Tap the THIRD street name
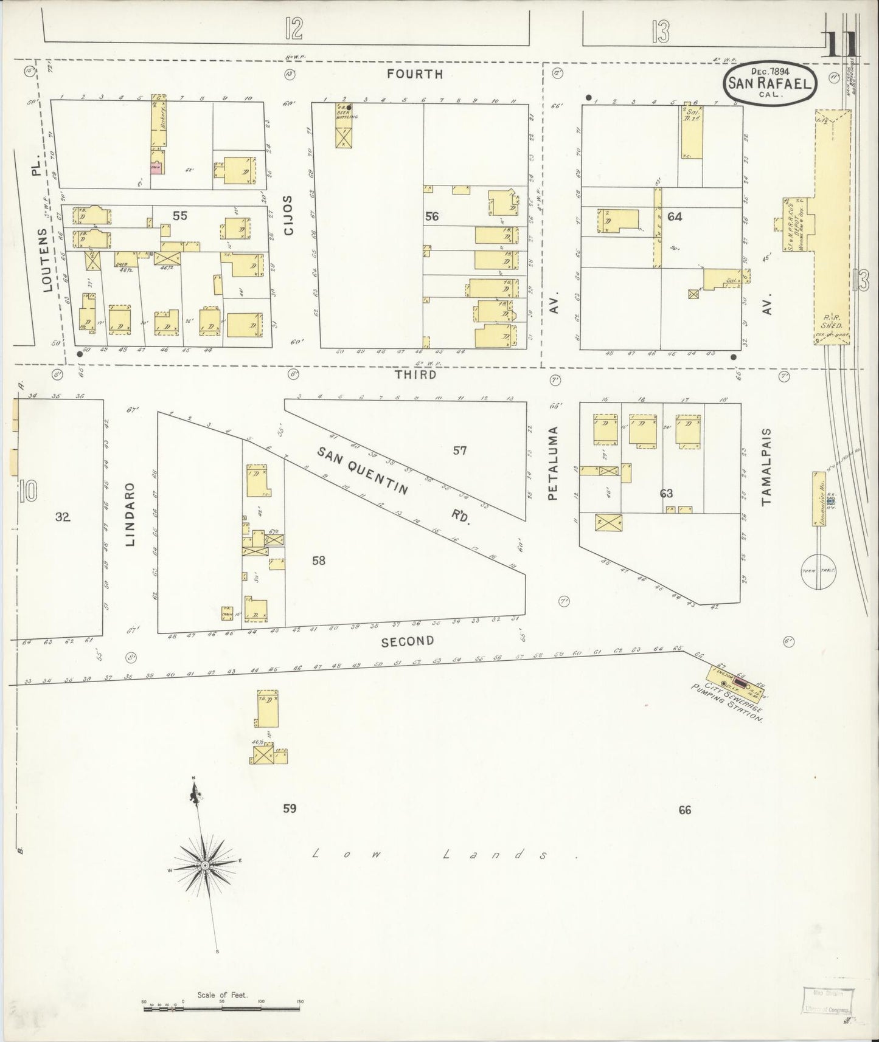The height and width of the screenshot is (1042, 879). point(415,374)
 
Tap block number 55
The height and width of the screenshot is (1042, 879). point(179,215)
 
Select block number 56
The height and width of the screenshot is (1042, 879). point(433,216)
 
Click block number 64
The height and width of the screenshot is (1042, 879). point(674,216)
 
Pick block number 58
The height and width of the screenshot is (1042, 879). point(319,561)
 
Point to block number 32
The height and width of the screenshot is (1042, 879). point(63,517)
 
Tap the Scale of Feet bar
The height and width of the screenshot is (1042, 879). point(222,1007)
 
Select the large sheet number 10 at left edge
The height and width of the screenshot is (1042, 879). point(27,491)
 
